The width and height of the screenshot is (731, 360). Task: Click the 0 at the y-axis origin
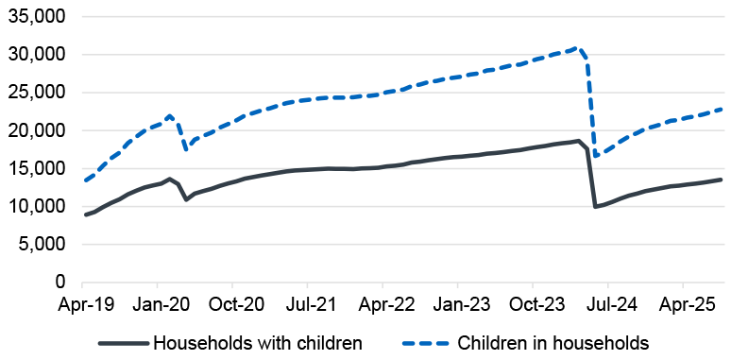[59, 282]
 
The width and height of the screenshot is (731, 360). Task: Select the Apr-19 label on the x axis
[83, 306]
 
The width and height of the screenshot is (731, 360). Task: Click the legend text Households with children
[257, 342]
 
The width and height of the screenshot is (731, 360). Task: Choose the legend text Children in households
[552, 342]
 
